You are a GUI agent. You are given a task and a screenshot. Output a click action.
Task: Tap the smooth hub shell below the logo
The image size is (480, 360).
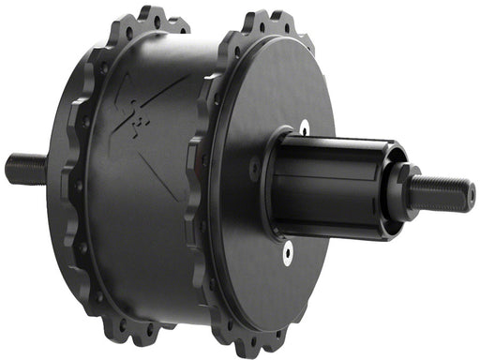(141, 234)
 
